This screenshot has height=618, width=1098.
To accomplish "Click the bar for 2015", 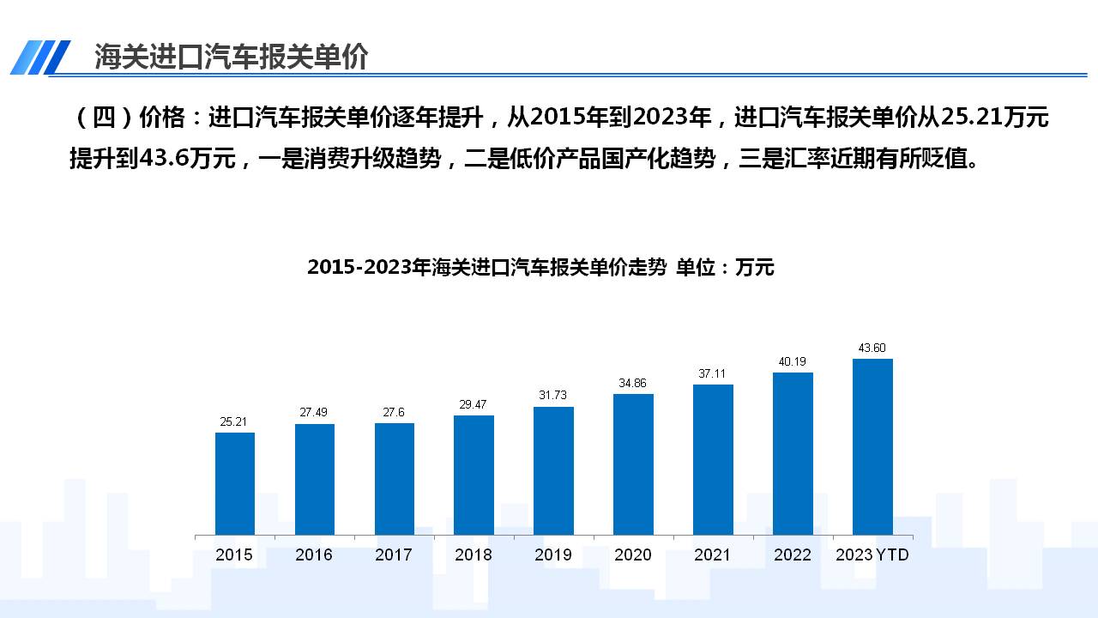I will pyautogui.click(x=234, y=483).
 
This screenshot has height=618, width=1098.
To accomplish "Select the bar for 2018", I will pyautogui.click(x=474, y=475).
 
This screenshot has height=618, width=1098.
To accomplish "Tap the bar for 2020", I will pyautogui.click(x=633, y=464).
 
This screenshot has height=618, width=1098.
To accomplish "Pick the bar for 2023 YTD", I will pyautogui.click(x=872, y=446).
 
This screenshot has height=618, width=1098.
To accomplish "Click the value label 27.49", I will pyautogui.click(x=314, y=413).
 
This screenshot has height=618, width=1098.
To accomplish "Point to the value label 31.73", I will pyautogui.click(x=553, y=395).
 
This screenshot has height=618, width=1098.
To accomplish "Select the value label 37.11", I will pyautogui.click(x=713, y=373).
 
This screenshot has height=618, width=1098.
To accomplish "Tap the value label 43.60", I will pyautogui.click(x=872, y=348).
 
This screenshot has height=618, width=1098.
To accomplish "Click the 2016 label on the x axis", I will pyautogui.click(x=314, y=555).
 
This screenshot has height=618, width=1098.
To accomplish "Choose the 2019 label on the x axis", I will pyautogui.click(x=553, y=555).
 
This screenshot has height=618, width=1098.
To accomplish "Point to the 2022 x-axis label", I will pyautogui.click(x=793, y=555).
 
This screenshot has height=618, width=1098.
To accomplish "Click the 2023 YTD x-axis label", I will pyautogui.click(x=872, y=555).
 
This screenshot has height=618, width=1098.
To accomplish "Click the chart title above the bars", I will pyautogui.click(x=540, y=268).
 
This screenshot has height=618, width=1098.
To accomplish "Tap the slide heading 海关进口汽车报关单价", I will pyautogui.click(x=231, y=57).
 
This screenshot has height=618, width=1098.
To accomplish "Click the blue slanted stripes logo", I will pyautogui.click(x=40, y=58).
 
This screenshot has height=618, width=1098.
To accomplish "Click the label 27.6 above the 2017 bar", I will pyautogui.click(x=394, y=413).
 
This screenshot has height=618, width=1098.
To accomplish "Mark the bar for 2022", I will pyautogui.click(x=793, y=453).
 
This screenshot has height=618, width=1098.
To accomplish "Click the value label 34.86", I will pyautogui.click(x=633, y=383).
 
